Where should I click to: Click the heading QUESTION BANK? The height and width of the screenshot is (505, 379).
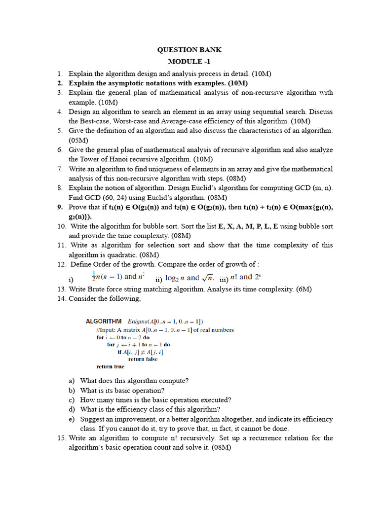point(189,50)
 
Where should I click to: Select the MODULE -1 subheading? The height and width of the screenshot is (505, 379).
point(189,62)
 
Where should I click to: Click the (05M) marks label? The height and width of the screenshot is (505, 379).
point(78,140)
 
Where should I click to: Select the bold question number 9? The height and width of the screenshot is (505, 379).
point(60,207)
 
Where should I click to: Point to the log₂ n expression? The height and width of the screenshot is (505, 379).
point(175,278)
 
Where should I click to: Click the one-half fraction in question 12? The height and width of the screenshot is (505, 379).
point(93,276)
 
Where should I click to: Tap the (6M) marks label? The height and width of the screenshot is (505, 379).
point(303,289)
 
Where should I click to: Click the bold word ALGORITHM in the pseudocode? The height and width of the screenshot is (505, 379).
point(104,321)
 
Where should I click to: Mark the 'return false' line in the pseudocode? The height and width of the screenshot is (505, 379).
point(143,359)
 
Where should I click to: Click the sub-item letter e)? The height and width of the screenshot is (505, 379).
point(72,419)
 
